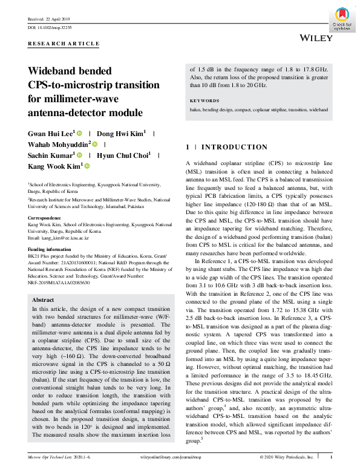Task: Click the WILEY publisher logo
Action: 315,38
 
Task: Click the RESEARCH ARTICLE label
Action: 64,44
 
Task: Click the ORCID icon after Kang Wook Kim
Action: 87,166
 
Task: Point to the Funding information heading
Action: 53,249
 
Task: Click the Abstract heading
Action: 43,300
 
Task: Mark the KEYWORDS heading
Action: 205,101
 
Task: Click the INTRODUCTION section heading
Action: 234,147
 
